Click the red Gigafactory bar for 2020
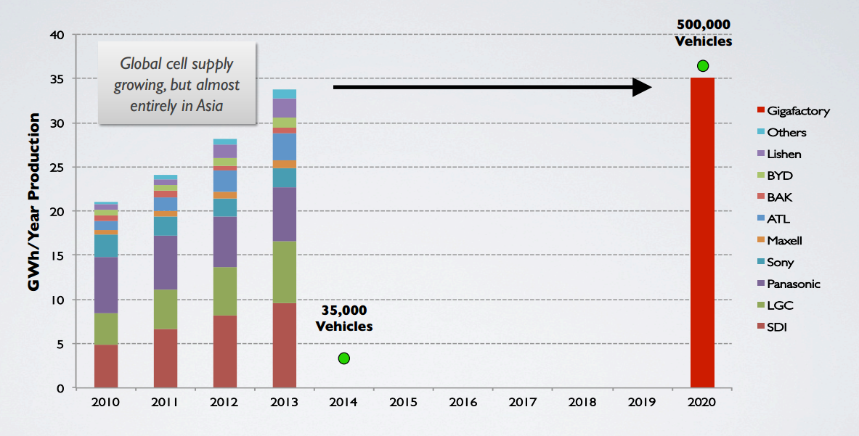702,232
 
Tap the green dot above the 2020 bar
702,66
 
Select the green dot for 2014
344,358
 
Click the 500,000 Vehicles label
703,33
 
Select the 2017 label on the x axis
524,403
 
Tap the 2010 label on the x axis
107,403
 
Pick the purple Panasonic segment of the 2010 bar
106,285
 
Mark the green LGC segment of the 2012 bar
225,291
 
